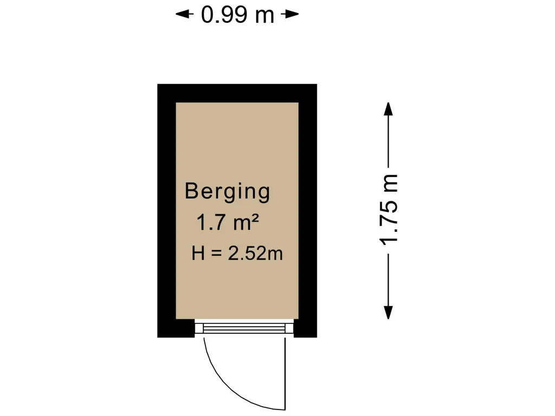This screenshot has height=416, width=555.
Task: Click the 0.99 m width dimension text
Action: (237, 15)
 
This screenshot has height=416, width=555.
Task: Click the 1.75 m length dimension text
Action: (389, 210)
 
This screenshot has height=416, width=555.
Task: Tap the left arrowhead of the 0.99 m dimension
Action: (184, 14)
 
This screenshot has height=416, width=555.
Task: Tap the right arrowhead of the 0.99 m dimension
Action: (291, 14)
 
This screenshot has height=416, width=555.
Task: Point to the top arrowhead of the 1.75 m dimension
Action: (389, 109)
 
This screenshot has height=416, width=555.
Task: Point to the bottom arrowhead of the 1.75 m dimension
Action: (389, 313)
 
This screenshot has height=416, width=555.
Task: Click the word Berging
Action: (227, 192)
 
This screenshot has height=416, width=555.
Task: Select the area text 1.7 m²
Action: (228, 222)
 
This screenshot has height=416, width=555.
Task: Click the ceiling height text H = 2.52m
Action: (237, 253)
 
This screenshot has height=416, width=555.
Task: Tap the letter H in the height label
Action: (198, 253)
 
